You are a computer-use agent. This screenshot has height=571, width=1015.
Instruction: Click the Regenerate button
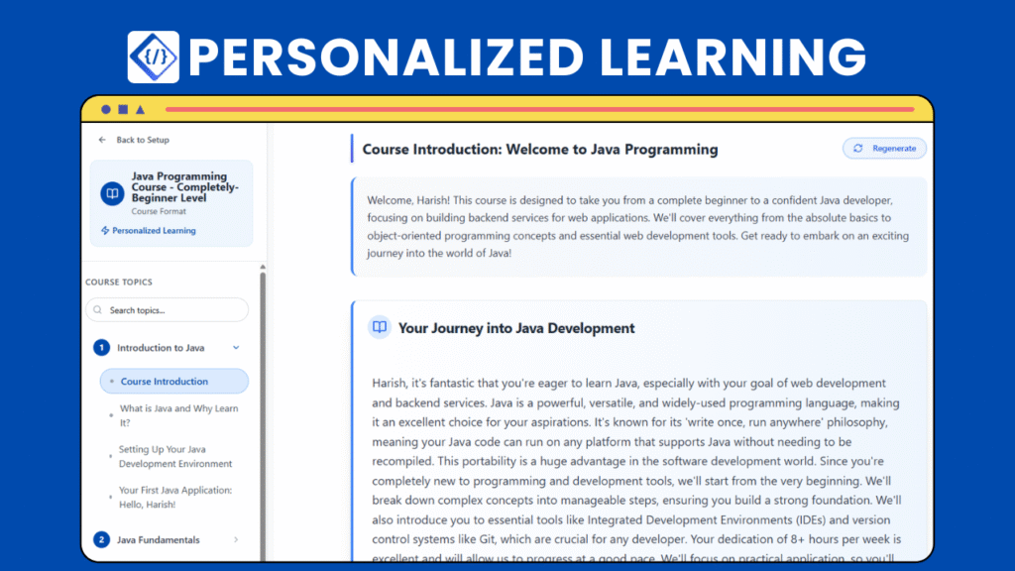tap(885, 149)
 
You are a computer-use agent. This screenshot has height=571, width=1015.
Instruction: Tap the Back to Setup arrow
tap(102, 140)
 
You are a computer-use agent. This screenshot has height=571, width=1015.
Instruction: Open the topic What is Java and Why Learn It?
tap(178, 414)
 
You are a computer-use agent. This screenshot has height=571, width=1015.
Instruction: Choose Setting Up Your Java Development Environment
tap(175, 456)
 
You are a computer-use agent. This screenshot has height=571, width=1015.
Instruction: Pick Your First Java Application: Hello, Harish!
tap(175, 497)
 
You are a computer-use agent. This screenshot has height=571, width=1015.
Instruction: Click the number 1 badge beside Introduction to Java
tap(101, 348)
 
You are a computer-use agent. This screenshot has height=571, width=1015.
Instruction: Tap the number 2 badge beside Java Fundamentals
tap(101, 540)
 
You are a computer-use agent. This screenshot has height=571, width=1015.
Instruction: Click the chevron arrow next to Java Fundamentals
tap(236, 540)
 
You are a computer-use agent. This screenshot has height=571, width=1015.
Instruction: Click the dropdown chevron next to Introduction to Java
tap(236, 348)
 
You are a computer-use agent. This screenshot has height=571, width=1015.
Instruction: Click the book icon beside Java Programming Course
tap(112, 193)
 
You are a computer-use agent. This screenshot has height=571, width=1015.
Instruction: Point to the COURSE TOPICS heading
tap(119, 283)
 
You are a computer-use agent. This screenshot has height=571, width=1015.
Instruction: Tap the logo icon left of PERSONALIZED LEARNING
tap(153, 57)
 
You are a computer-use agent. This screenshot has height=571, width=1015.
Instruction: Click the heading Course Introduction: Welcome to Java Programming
tap(540, 150)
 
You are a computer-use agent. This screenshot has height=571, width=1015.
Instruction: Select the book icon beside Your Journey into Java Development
tap(379, 327)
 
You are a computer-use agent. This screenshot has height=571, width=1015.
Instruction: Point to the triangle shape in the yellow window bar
tap(140, 109)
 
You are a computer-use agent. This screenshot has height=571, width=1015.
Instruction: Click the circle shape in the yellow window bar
tap(106, 109)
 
